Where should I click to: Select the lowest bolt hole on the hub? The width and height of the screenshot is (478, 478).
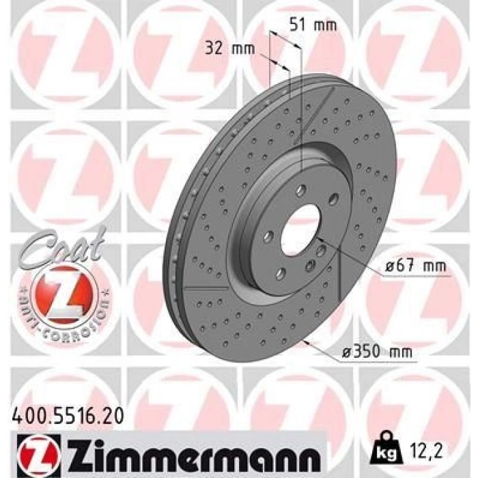coord(280,274)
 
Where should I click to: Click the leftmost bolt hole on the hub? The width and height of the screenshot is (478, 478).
coord(268,237)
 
